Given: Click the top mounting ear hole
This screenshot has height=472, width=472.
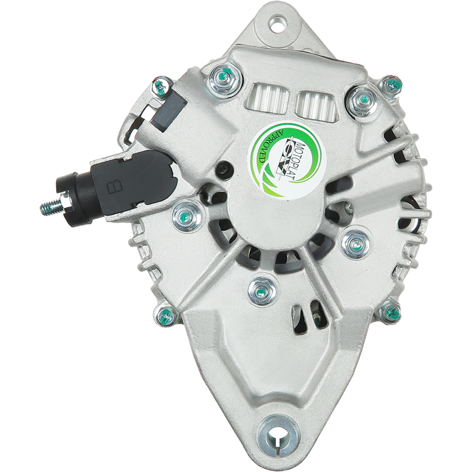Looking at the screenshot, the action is click(276, 25).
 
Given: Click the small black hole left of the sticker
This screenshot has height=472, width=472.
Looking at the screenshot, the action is click(224, 168).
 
